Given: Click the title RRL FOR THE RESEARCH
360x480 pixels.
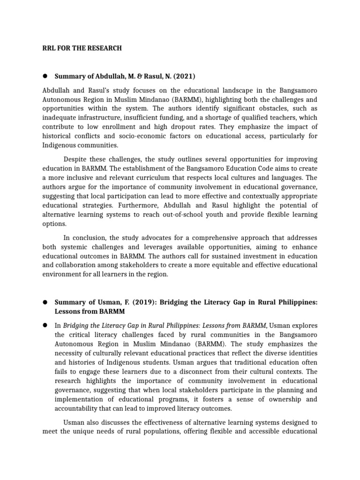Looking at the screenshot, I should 82,48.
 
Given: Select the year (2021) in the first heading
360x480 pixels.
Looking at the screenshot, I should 185,76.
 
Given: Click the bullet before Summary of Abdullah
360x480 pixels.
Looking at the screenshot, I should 45,76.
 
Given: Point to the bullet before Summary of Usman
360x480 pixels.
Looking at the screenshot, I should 45,302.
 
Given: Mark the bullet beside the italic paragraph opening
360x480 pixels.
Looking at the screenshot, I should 45,325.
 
